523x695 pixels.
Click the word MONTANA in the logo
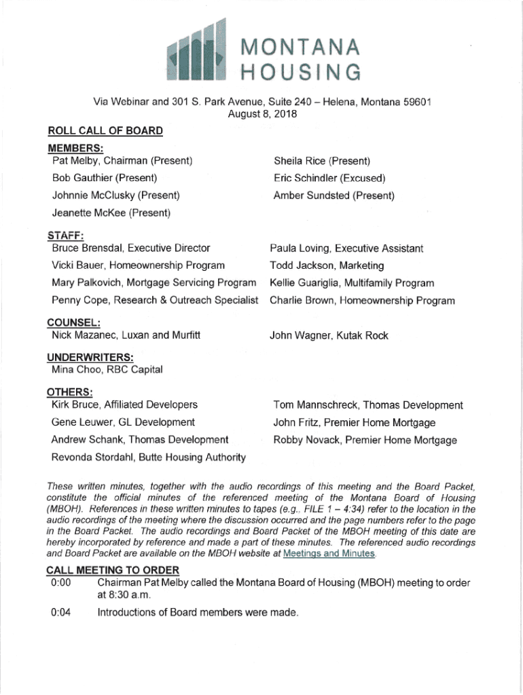[x=295, y=47]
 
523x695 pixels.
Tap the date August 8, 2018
[x=261, y=115]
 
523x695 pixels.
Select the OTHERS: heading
[x=69, y=392]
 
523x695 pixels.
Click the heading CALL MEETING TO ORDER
[x=113, y=569]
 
